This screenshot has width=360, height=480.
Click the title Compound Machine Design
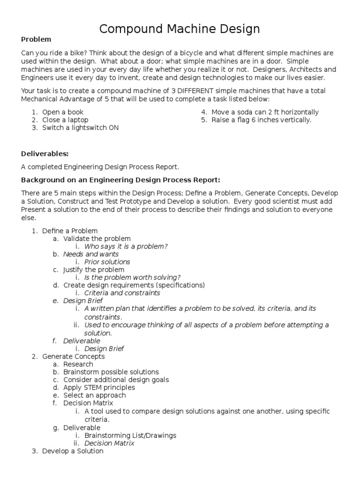tap(180, 29)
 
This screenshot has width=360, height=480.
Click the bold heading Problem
tap(36, 39)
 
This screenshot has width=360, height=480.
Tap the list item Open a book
tap(63, 112)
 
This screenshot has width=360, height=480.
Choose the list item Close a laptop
tap(65, 120)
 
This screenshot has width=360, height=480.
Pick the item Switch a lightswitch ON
tap(80, 127)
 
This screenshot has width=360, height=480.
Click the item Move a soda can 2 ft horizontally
tap(265, 112)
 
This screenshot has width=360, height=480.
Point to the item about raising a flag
tap(261, 120)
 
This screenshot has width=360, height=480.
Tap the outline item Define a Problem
tap(70, 231)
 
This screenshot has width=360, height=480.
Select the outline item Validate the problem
tap(97, 239)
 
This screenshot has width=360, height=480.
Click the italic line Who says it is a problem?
tap(126, 246)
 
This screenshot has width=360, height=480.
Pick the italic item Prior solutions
tap(107, 262)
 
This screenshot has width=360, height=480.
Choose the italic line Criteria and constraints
tap(122, 293)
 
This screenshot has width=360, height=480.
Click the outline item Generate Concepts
tap(74, 357)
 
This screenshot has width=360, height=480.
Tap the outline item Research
tap(78, 364)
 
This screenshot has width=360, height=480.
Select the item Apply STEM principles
tap(99, 388)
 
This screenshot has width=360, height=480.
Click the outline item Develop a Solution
tap(73, 451)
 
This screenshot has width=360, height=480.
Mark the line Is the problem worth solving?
tap(133, 277)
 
